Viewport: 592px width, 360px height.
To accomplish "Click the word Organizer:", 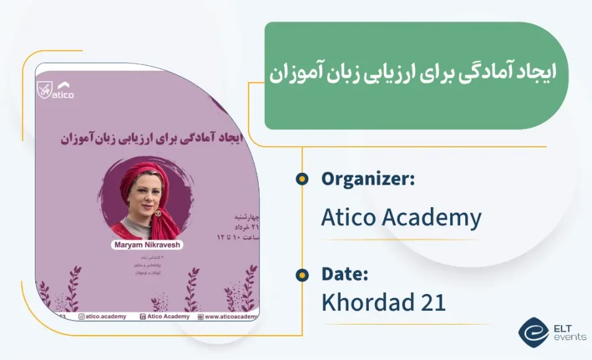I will pos(368,179).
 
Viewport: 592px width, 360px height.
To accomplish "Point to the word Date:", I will pos(345,274).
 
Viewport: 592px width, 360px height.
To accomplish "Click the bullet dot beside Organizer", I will pos(302,179).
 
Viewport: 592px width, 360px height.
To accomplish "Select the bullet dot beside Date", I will pos(302,274).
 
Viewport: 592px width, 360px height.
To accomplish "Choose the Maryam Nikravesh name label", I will pos(147,245).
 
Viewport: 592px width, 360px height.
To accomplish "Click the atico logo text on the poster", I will pos(63,95).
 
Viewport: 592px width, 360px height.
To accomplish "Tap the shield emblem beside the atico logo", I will pos(44,88).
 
